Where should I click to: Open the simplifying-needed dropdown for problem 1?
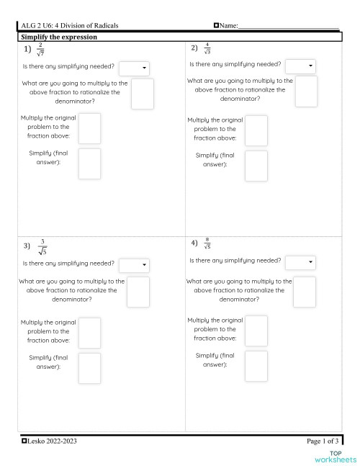click(x=134, y=68)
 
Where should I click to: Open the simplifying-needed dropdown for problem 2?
click(x=300, y=66)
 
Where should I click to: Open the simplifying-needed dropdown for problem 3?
click(x=134, y=265)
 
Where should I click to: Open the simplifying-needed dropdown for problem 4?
click(x=300, y=261)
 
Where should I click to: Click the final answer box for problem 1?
click(x=89, y=163)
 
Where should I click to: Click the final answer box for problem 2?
click(x=256, y=166)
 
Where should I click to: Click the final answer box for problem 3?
click(x=89, y=367)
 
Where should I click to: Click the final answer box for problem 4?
click(x=256, y=366)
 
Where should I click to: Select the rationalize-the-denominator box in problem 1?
click(x=142, y=94)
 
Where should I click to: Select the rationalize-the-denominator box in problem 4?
click(x=305, y=291)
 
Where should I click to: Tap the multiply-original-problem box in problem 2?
click(x=256, y=130)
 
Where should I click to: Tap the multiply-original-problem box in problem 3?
click(x=89, y=332)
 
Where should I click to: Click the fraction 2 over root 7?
click(x=40, y=49)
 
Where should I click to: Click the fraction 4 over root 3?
click(x=207, y=48)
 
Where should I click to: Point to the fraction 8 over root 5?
click(x=207, y=243)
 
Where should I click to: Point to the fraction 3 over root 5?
click(x=42, y=246)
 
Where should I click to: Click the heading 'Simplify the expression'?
click(x=59, y=36)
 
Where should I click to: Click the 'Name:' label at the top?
click(x=228, y=26)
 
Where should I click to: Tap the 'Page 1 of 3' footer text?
click(x=322, y=440)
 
